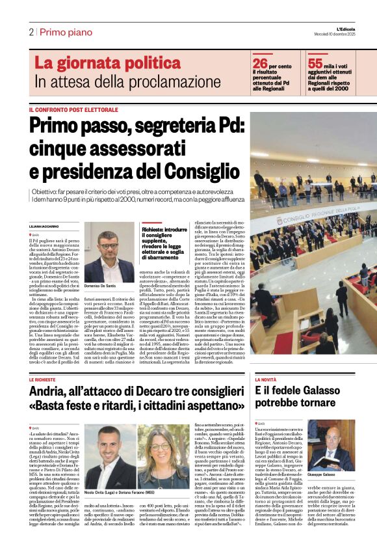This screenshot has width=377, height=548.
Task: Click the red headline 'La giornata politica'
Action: tap(99, 63)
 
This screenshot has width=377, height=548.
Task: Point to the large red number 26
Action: tap(260, 63)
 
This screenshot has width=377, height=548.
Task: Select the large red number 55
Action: tap(315, 63)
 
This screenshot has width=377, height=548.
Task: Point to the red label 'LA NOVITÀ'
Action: tap(266, 379)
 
